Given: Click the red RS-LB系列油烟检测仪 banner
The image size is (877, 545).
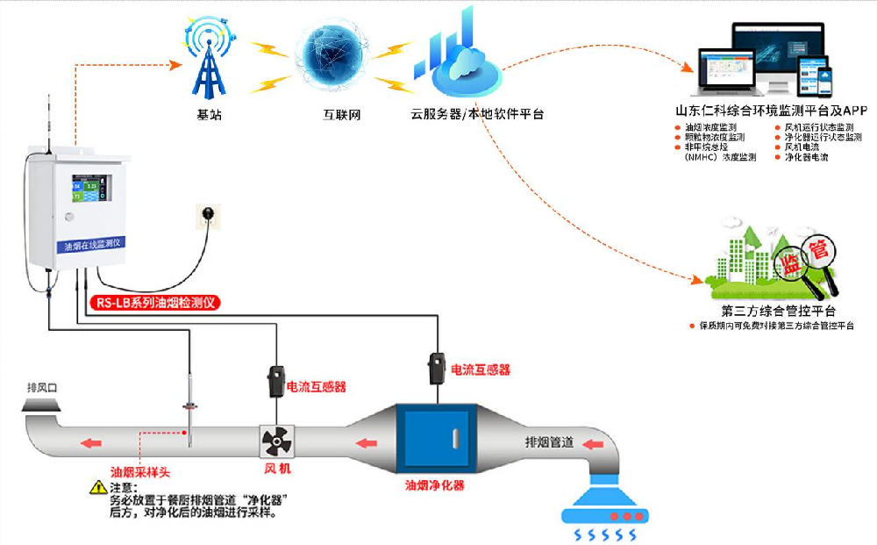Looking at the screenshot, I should click(154, 302).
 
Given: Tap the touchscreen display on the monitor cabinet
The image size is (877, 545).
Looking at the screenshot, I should click(91, 191).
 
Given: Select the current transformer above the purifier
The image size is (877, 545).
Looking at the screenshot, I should click(436, 364).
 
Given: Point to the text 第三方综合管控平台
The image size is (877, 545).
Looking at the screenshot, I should click(779, 312).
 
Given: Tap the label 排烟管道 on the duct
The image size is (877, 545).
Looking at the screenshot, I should click(549, 441).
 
